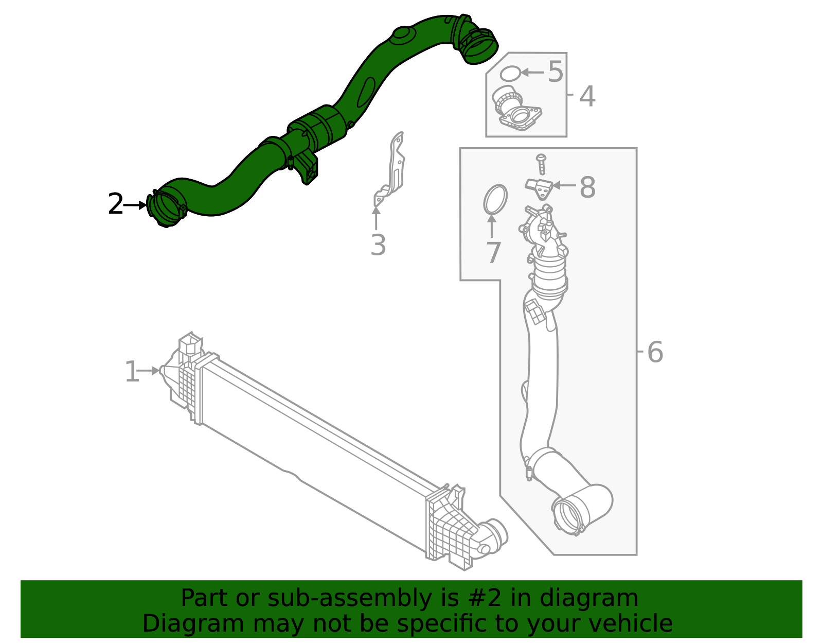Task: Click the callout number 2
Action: point(115,205)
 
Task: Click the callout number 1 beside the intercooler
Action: point(132,372)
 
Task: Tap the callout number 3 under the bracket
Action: point(378,245)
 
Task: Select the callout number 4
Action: point(587,96)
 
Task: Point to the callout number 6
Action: point(654,352)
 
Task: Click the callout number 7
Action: point(493,253)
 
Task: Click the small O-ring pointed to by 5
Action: point(510,74)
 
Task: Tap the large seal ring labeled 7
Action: point(495,199)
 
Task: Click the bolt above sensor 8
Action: point(541,163)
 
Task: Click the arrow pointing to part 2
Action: point(136,205)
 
